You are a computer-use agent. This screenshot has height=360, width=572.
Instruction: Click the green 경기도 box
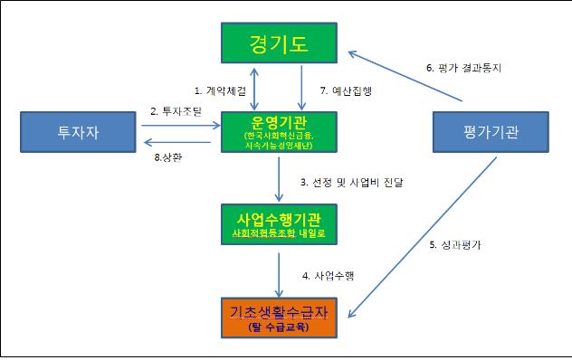(x=280, y=43)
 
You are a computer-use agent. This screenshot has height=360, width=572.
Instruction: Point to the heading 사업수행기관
(x=280, y=218)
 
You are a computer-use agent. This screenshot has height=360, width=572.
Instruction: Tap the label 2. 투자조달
(x=178, y=110)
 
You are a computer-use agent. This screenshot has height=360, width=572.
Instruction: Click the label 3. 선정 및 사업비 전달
(x=351, y=183)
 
